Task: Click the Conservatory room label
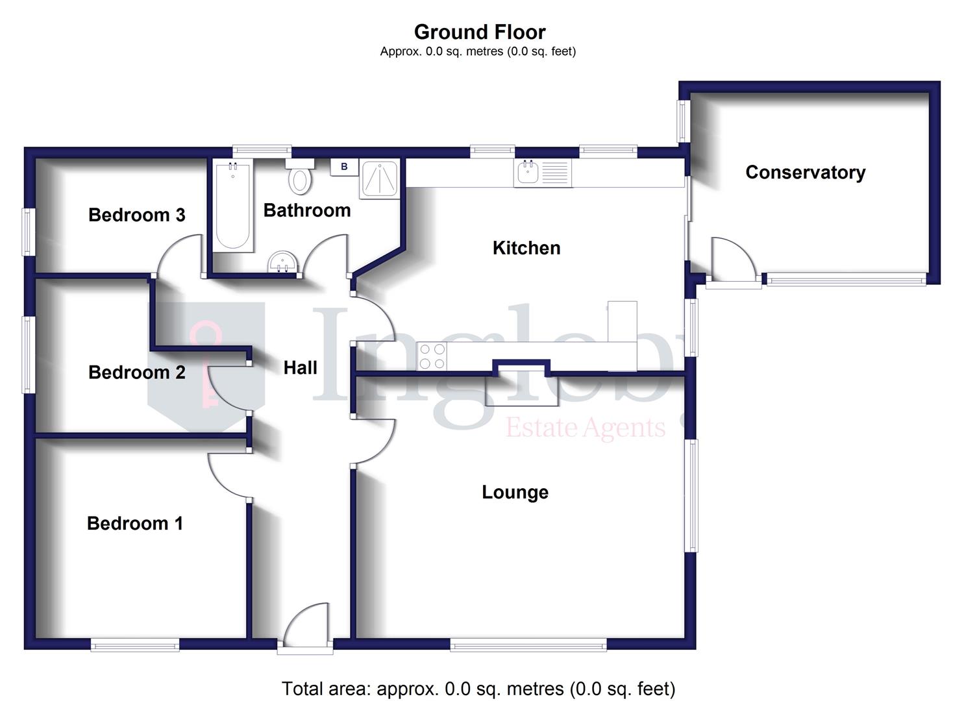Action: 805,173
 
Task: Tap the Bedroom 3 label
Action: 136,215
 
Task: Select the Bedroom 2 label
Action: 136,372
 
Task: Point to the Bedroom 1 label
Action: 134,523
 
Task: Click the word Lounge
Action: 515,492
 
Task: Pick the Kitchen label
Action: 526,248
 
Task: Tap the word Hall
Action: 300,368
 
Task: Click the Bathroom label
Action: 306,210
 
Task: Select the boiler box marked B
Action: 344,167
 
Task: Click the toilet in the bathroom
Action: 300,177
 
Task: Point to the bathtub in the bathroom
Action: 232,206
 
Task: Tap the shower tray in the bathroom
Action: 379,178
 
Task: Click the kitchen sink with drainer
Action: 543,173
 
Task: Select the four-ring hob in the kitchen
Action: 432,356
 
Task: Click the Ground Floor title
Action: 480,32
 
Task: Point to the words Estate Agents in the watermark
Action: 585,428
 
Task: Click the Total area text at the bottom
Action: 478,689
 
